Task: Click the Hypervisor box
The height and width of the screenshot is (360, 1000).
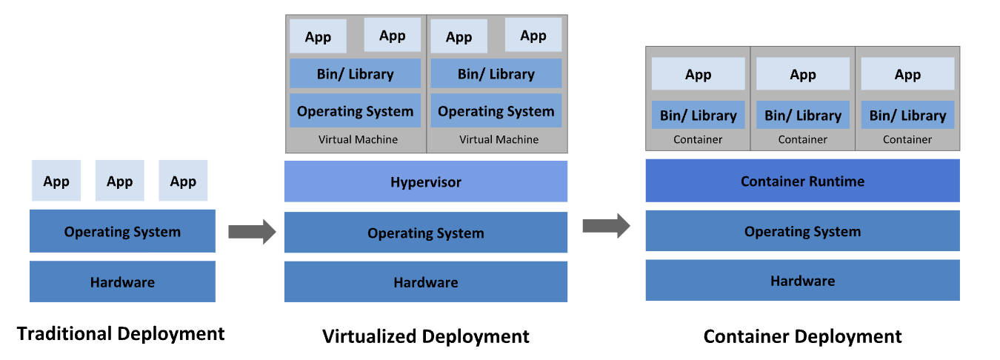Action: [426, 181]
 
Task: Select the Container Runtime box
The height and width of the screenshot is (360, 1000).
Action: [802, 181]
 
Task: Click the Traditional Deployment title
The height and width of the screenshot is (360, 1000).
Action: [121, 333]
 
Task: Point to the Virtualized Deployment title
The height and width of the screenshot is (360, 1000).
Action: [426, 336]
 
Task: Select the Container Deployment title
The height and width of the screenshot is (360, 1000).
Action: [802, 336]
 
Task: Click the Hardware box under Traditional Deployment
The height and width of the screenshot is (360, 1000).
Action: [122, 281]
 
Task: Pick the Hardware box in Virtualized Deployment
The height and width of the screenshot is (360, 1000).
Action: [426, 282]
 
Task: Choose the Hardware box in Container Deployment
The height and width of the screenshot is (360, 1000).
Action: [802, 281]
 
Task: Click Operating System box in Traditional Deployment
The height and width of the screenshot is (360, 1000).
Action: [122, 231]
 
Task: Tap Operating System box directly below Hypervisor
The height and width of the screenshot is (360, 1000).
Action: [426, 233]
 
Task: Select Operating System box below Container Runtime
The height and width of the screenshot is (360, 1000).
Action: [802, 231]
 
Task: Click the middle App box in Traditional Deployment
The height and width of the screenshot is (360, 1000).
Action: [119, 181]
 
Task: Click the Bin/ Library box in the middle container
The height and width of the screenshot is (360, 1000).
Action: [803, 116]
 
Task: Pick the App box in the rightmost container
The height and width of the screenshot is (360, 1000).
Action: [907, 74]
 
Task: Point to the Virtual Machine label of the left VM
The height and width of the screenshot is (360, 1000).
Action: [358, 139]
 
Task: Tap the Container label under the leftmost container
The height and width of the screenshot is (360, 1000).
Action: [698, 139]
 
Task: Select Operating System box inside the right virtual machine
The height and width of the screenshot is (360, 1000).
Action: [496, 111]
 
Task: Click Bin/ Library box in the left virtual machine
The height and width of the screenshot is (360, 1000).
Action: [355, 74]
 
